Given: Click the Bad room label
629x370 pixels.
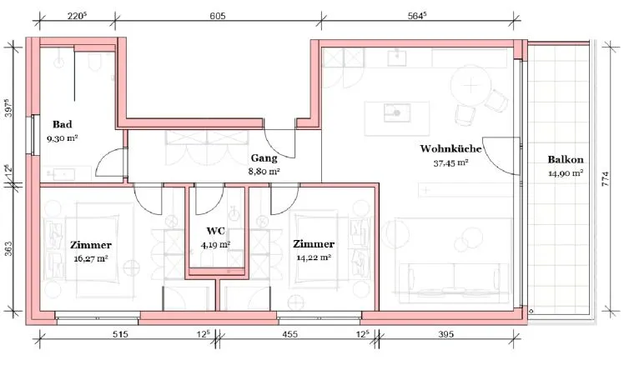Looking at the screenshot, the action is [x=63, y=124].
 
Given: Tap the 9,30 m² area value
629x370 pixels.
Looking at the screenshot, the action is [x=63, y=138].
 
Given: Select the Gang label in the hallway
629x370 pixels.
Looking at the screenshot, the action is [x=264, y=158].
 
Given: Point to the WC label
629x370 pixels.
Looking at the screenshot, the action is [x=216, y=231].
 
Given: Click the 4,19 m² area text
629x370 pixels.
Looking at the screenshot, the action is [x=215, y=244].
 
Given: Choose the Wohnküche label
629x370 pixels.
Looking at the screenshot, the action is [x=450, y=148].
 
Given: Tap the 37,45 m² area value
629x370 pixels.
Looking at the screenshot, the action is [x=450, y=163].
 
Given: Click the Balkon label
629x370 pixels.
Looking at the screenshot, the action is [x=566, y=159].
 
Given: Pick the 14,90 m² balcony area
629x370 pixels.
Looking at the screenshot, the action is [x=566, y=173].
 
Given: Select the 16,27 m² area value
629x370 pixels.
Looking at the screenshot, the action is [x=91, y=258].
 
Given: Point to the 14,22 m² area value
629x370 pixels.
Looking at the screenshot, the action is [x=314, y=257].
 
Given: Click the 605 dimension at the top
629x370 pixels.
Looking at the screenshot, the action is [x=218, y=16].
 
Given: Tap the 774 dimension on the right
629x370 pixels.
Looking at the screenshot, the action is [x=606, y=178].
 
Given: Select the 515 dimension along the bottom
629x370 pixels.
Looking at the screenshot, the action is [x=120, y=334].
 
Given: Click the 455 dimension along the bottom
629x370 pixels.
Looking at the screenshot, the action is [x=289, y=334].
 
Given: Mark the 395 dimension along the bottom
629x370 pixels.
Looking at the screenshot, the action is [x=445, y=334].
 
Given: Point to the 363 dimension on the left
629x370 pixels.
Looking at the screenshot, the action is [x=9, y=248].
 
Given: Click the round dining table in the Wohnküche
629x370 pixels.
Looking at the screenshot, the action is [x=470, y=85].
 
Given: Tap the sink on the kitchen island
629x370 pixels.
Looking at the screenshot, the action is [x=396, y=112].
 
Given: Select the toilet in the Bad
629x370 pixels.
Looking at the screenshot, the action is [x=95, y=62].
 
